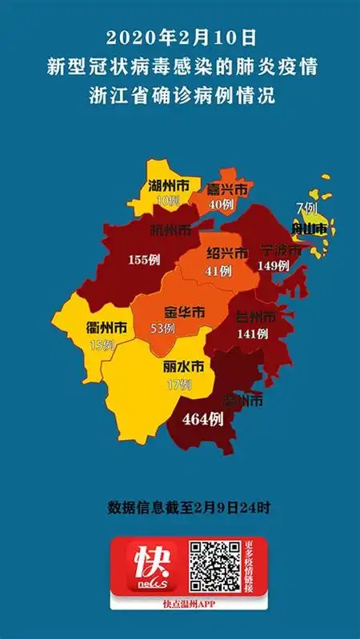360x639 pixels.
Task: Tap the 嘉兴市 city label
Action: click(x=227, y=190)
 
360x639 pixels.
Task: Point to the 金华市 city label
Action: click(x=185, y=312)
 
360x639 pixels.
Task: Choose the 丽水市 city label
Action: click(x=183, y=369)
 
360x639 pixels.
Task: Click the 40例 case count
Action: click(x=220, y=205)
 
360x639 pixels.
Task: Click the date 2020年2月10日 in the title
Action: click(x=179, y=38)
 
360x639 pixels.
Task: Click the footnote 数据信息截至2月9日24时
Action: click(x=179, y=507)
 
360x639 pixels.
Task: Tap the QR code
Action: click(x=214, y=566)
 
